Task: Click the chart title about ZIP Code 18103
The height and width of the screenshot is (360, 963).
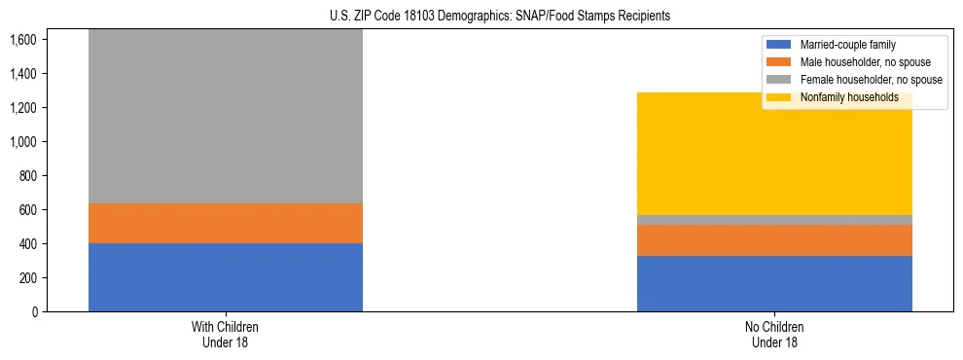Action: [481, 17]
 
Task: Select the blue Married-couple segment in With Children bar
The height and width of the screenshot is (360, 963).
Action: [226, 277]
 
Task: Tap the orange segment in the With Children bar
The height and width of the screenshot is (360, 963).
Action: [226, 223]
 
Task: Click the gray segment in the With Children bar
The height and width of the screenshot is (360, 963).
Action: [226, 117]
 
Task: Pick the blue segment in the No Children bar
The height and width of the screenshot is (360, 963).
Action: [774, 283]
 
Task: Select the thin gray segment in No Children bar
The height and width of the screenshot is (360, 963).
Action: [774, 220]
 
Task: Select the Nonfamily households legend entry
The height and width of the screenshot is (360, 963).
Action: [849, 97]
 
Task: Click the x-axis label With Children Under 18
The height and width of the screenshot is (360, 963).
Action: [226, 335]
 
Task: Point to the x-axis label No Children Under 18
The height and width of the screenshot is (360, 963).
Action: [774, 335]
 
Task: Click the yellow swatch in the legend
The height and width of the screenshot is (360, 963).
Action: [779, 97]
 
